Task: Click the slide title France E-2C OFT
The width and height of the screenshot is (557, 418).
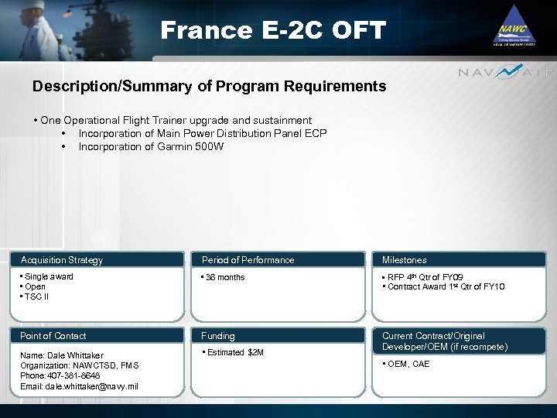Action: pos(272,30)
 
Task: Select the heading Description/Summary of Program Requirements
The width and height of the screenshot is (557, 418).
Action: pos(209,86)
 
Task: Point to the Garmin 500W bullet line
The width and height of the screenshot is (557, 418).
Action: pos(151,146)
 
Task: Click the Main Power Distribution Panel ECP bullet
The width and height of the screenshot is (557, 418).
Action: pos(203,133)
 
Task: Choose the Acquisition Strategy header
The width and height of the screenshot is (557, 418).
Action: pos(62,260)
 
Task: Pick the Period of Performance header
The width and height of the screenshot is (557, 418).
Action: pos(248,260)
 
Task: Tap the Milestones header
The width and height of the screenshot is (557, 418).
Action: pos(404,260)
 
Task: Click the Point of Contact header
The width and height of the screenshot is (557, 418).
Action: pos(53,336)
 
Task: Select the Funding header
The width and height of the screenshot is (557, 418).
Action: pos(218,336)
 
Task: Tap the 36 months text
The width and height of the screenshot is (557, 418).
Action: pos(224,277)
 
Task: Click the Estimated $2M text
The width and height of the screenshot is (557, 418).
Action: pos(234,353)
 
